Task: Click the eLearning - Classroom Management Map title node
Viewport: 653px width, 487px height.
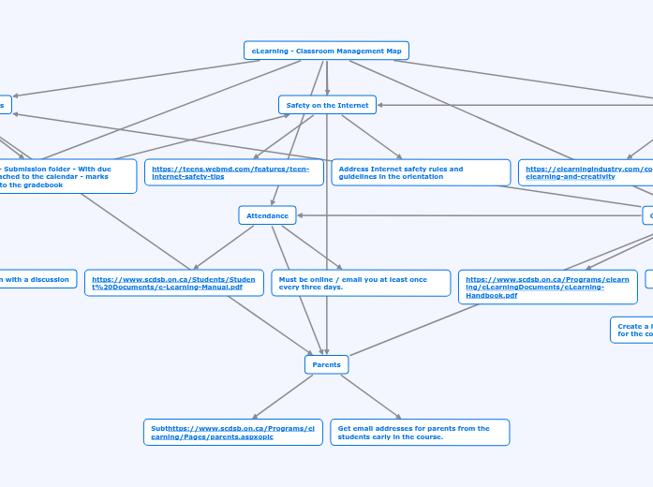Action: (x=326, y=51)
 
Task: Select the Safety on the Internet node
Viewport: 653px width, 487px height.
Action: (x=327, y=105)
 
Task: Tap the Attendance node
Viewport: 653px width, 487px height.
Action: (x=267, y=215)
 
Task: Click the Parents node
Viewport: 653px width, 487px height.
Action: (x=326, y=363)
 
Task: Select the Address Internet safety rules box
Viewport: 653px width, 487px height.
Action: (x=420, y=172)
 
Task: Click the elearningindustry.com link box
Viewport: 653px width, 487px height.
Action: (x=585, y=172)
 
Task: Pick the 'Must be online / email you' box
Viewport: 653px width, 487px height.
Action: (x=360, y=283)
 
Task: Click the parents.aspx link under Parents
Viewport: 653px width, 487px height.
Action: (x=232, y=432)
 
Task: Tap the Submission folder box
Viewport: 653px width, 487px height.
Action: (x=66, y=176)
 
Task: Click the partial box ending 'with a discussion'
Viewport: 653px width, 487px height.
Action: (x=37, y=279)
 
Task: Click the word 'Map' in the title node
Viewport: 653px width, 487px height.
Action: (x=393, y=51)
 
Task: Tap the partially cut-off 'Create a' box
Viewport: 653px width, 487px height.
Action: (x=631, y=330)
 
